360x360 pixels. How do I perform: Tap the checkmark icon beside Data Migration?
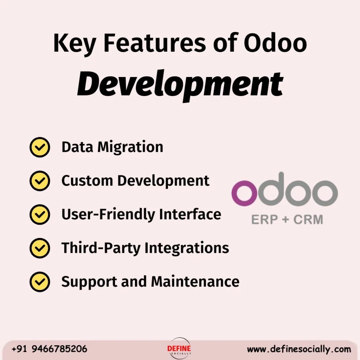[39, 147]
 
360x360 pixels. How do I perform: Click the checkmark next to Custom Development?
[39, 181]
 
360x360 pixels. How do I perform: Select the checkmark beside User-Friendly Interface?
[39, 214]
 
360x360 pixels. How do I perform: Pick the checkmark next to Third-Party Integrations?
[39, 248]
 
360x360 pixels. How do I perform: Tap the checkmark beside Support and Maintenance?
[39, 282]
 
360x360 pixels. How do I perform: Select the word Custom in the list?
[88, 181]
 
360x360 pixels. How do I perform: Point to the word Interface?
[190, 214]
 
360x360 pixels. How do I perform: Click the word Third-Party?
[101, 248]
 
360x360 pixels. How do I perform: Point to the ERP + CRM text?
[287, 220]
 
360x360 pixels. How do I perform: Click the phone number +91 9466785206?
[50, 349]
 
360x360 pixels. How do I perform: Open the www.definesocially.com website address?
[299, 349]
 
